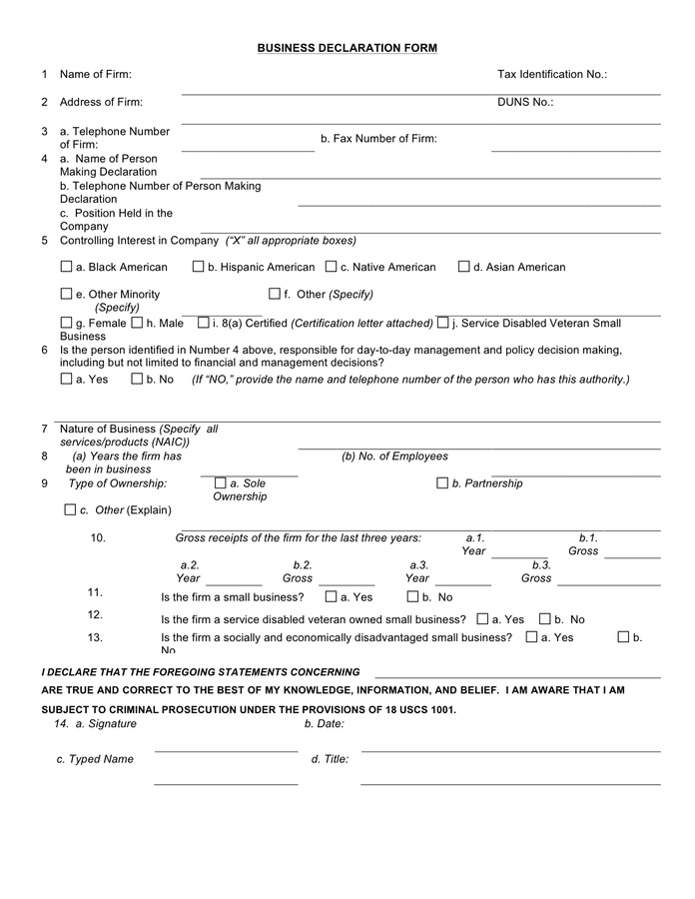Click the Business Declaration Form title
pyautogui.click(x=347, y=48)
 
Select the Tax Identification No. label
pyautogui.click(x=551, y=74)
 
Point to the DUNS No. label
pyautogui.click(x=525, y=102)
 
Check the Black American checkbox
pyautogui.click(x=67, y=267)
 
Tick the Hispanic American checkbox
pyautogui.click(x=199, y=267)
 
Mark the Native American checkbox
pyautogui.click(x=331, y=267)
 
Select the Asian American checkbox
pyautogui.click(x=464, y=267)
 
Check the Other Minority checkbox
pyautogui.click(x=67, y=294)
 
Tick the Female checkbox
pyautogui.click(x=67, y=323)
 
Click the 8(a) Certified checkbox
pyautogui.click(x=204, y=323)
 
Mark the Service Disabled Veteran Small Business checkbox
pyautogui.click(x=442, y=323)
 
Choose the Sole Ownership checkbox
pyautogui.click(x=221, y=483)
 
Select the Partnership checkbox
pyautogui.click(x=442, y=483)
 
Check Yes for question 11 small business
pyautogui.click(x=331, y=597)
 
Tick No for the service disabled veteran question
pyautogui.click(x=545, y=619)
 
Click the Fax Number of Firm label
pyautogui.click(x=378, y=139)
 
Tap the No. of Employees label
pyautogui.click(x=394, y=456)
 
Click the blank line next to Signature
pyautogui.click(x=226, y=749)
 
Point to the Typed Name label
pyautogui.click(x=95, y=759)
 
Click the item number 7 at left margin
pyautogui.click(x=45, y=429)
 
